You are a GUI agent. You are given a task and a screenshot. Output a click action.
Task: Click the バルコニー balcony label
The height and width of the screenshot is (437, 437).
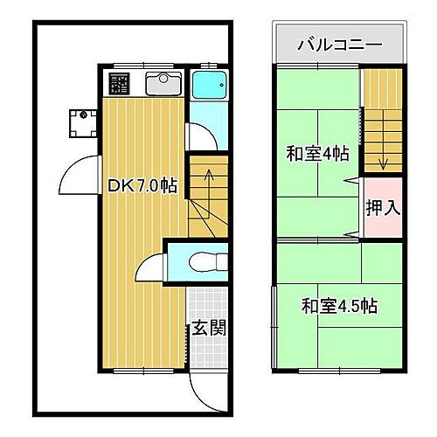click(339, 43)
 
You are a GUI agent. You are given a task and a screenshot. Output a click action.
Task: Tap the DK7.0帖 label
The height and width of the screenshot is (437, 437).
click(142, 185)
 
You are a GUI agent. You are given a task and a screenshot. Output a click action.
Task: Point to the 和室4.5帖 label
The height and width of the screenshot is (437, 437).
click(339, 307)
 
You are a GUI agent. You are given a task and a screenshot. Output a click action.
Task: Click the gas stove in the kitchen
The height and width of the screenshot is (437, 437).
click(119, 85)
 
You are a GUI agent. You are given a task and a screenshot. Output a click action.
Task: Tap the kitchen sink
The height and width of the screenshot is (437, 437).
click(162, 85)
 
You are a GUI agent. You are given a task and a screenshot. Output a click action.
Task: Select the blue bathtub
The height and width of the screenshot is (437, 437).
click(208, 87)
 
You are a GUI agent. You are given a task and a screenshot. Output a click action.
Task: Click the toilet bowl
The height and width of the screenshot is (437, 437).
click(205, 260)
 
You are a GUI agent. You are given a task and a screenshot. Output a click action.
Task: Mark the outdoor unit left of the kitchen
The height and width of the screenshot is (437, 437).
click(84, 121)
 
